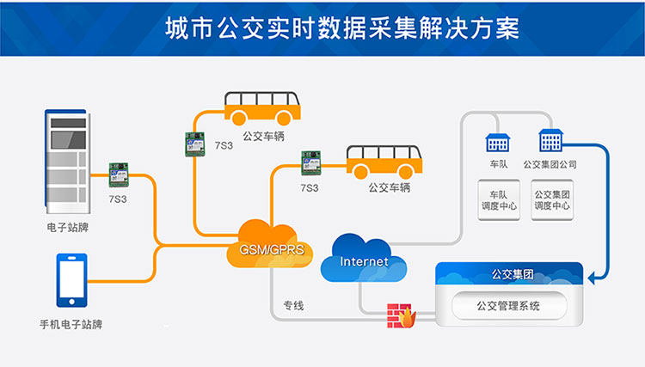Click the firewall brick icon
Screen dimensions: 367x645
(x=401, y=315)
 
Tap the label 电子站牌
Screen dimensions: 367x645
(x=68, y=229)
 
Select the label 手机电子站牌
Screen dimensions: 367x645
(x=71, y=324)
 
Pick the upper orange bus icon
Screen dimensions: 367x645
(x=263, y=109)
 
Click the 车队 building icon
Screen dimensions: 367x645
(x=497, y=142)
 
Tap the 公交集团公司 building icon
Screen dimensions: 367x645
(x=550, y=140)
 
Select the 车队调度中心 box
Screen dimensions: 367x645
(x=497, y=200)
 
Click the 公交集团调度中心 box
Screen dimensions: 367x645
(x=551, y=200)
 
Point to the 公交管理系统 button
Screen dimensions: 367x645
(x=508, y=305)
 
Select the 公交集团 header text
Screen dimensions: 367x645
(x=512, y=274)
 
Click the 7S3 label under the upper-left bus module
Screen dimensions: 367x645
(x=223, y=145)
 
